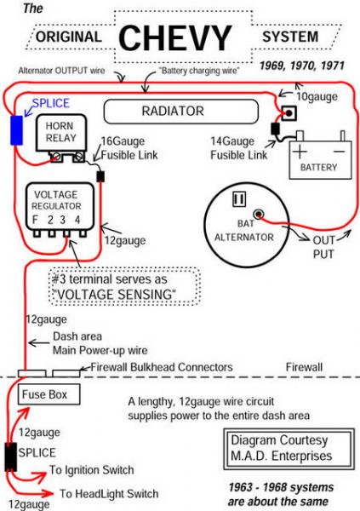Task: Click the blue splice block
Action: [x=17, y=130]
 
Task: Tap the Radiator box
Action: [x=180, y=112]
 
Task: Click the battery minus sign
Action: [x=340, y=152]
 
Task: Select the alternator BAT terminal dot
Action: [x=259, y=214]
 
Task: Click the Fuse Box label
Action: [x=44, y=394]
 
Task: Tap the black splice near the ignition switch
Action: [x=11, y=456]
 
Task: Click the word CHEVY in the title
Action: [x=175, y=37]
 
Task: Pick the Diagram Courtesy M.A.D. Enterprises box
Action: [x=289, y=449]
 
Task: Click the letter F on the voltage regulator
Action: [x=35, y=220]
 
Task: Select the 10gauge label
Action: [x=317, y=96]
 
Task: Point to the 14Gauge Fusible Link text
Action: [x=239, y=148]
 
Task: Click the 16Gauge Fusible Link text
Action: [x=129, y=148]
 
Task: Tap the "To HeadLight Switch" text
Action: [x=109, y=493]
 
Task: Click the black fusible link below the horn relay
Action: [x=100, y=176]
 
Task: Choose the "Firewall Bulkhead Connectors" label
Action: [x=162, y=367]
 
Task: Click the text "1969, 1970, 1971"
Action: [x=302, y=66]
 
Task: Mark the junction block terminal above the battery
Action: [x=289, y=113]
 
